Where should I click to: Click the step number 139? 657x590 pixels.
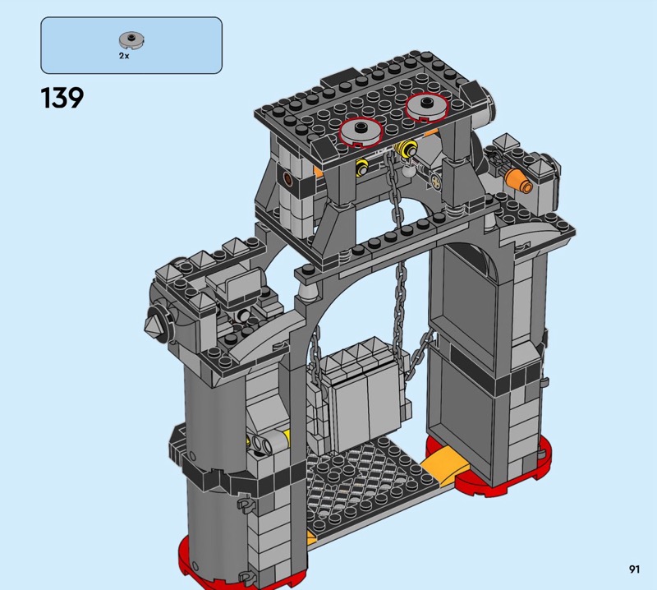62,98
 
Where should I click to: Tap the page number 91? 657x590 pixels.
634,569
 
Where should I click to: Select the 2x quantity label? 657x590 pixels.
124,56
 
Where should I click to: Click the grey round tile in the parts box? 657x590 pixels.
131,39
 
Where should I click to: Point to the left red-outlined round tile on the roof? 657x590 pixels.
361,131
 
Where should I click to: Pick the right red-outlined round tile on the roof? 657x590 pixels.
427,107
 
